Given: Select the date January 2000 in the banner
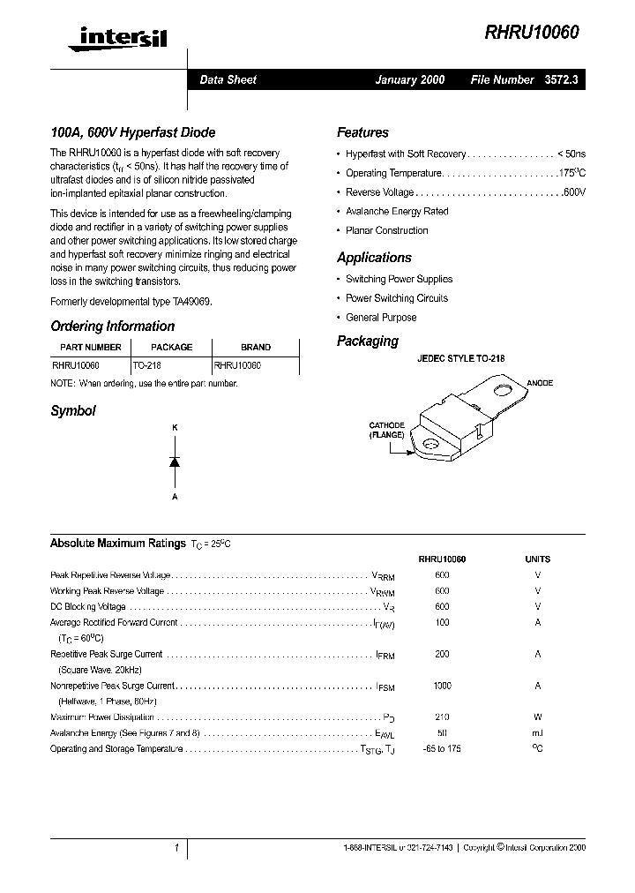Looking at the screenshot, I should click(x=410, y=79).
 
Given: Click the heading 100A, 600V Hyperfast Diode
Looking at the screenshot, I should click(x=132, y=133).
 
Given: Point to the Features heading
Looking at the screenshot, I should click(x=362, y=133).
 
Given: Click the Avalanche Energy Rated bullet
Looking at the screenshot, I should click(x=397, y=212).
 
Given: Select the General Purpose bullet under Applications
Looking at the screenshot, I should click(x=381, y=318).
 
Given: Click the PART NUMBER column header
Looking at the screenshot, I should click(x=90, y=348).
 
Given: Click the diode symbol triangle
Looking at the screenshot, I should click(x=175, y=462).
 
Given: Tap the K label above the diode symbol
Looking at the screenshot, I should click(x=175, y=428).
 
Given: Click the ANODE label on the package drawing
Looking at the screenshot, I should click(x=540, y=383).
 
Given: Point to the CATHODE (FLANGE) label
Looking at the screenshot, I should click(x=386, y=430).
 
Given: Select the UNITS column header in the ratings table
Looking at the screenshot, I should click(x=537, y=559).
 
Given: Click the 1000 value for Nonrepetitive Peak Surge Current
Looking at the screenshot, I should click(x=442, y=686).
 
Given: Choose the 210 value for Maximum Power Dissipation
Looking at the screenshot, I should click(x=442, y=717).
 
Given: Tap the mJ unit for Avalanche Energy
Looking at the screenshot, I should click(x=537, y=733).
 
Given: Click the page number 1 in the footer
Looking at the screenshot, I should click(x=176, y=848).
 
